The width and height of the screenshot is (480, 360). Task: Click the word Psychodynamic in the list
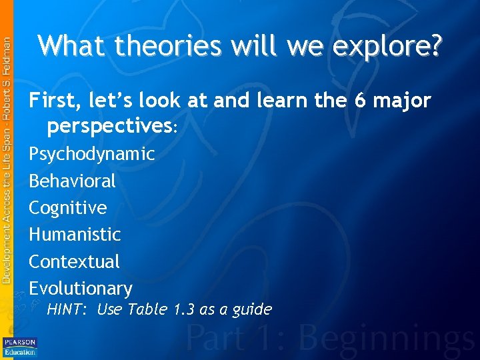92,155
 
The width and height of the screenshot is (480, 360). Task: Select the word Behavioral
72,181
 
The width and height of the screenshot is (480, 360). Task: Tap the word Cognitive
67,208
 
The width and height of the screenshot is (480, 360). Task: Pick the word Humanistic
75,235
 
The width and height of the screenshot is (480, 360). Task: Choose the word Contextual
74,261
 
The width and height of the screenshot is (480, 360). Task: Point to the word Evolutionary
81,289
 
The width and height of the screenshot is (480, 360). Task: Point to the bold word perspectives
109,125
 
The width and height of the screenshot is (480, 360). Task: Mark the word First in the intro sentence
51,101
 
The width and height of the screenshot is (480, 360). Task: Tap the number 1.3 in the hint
183,309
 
